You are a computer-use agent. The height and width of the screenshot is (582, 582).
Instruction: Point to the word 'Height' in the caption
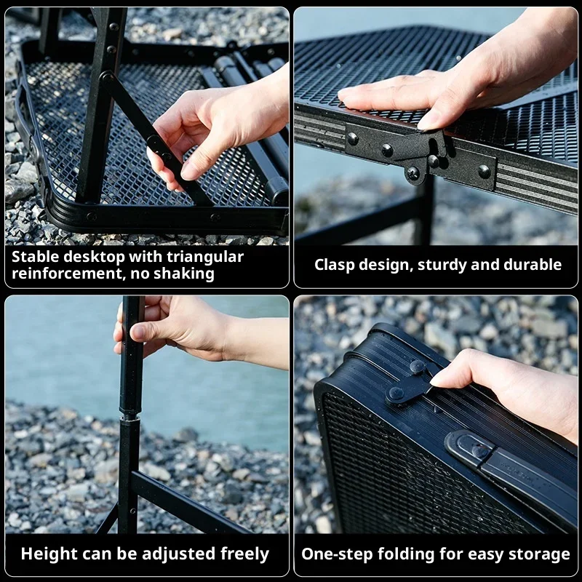click(x=45, y=554)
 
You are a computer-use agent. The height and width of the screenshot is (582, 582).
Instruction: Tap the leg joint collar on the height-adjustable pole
click(x=130, y=413)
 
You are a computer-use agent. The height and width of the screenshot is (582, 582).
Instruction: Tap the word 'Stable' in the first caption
click(x=37, y=257)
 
